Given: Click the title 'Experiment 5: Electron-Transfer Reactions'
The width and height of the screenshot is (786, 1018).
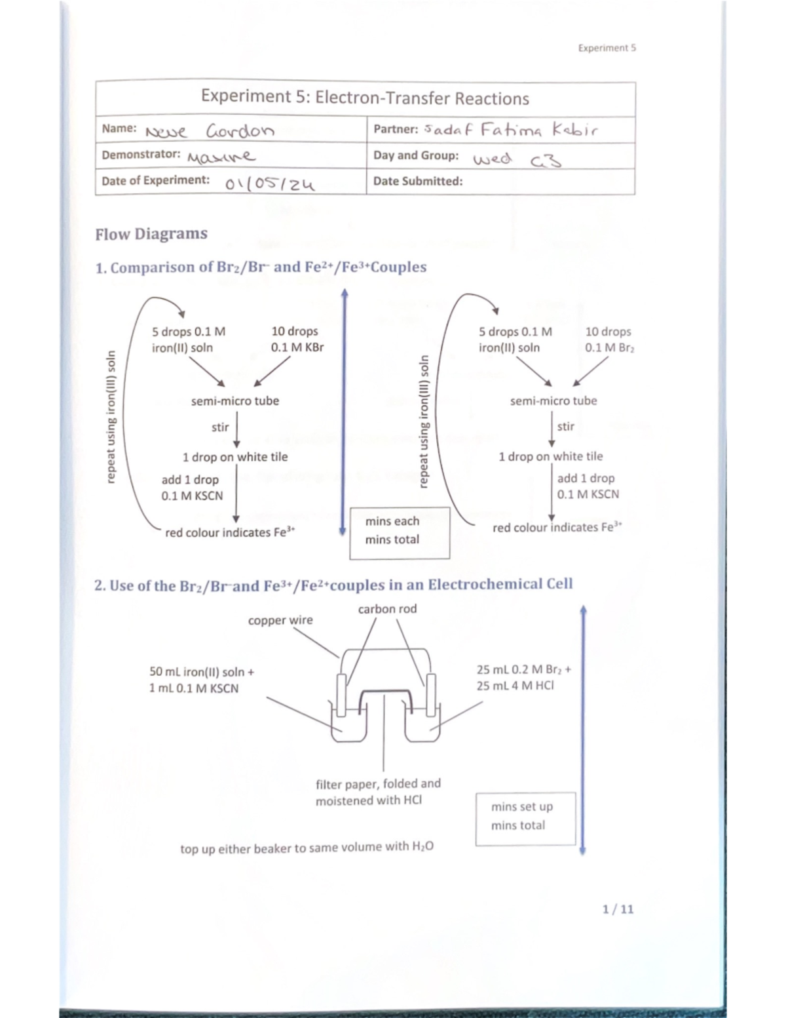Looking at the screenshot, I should coord(365,98).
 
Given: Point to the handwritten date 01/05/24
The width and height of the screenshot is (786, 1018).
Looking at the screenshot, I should coord(270,184).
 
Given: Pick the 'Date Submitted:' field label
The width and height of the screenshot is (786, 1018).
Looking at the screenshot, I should coord(417,182).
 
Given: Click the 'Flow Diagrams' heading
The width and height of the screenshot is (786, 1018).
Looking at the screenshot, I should coord(151,234).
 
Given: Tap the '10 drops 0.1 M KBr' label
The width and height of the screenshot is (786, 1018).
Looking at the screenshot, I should coord(297,340).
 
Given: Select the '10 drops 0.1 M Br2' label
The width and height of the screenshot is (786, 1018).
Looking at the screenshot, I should coord(608,340).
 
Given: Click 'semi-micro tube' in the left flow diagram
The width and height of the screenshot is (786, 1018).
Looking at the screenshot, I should coord(234,401).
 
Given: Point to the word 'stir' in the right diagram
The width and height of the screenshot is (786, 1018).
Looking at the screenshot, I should coord(565,427).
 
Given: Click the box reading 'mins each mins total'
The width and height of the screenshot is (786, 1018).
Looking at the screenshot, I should coord(400,532).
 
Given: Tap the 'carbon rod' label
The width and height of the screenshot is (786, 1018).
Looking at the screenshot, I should coord(387,609).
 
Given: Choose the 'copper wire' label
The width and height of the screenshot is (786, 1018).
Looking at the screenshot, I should coord(280,620).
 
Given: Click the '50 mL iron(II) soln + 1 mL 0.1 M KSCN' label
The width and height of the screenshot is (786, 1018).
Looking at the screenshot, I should coord(202,680).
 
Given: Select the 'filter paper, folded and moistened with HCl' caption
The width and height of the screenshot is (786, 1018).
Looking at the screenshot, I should coord(378,791).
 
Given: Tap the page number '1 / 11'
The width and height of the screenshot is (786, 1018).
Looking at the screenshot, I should coord(618,909).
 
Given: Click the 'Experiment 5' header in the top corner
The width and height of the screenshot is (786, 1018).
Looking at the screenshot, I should coord(607,48).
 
